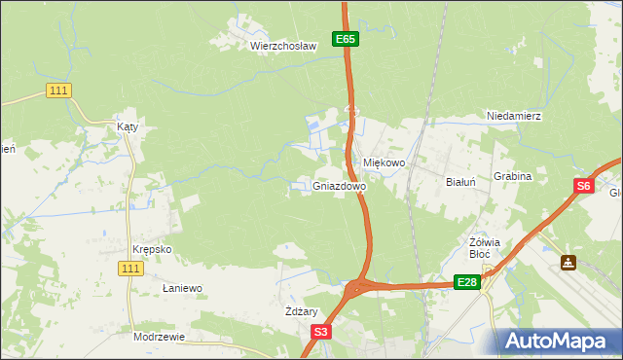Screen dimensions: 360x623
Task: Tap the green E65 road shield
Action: click(x=346, y=39)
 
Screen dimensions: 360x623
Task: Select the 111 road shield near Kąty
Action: click(x=58, y=90)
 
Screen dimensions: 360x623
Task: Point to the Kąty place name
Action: click(x=128, y=127)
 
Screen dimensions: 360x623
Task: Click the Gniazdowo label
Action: click(x=340, y=185)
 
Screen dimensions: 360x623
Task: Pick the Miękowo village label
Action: click(x=384, y=163)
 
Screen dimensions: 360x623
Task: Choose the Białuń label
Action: click(x=459, y=182)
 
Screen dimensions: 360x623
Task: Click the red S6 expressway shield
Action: click(x=582, y=187)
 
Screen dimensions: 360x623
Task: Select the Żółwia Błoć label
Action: click(x=484, y=248)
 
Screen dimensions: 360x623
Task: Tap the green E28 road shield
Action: click(x=467, y=282)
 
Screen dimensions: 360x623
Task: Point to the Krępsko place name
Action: click(x=154, y=249)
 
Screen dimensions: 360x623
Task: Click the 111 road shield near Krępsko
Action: click(x=131, y=268)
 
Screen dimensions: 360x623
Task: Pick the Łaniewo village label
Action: click(x=181, y=288)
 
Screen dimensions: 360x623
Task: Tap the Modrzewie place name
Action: click(x=159, y=336)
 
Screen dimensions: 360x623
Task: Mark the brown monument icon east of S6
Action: click(x=568, y=263)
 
